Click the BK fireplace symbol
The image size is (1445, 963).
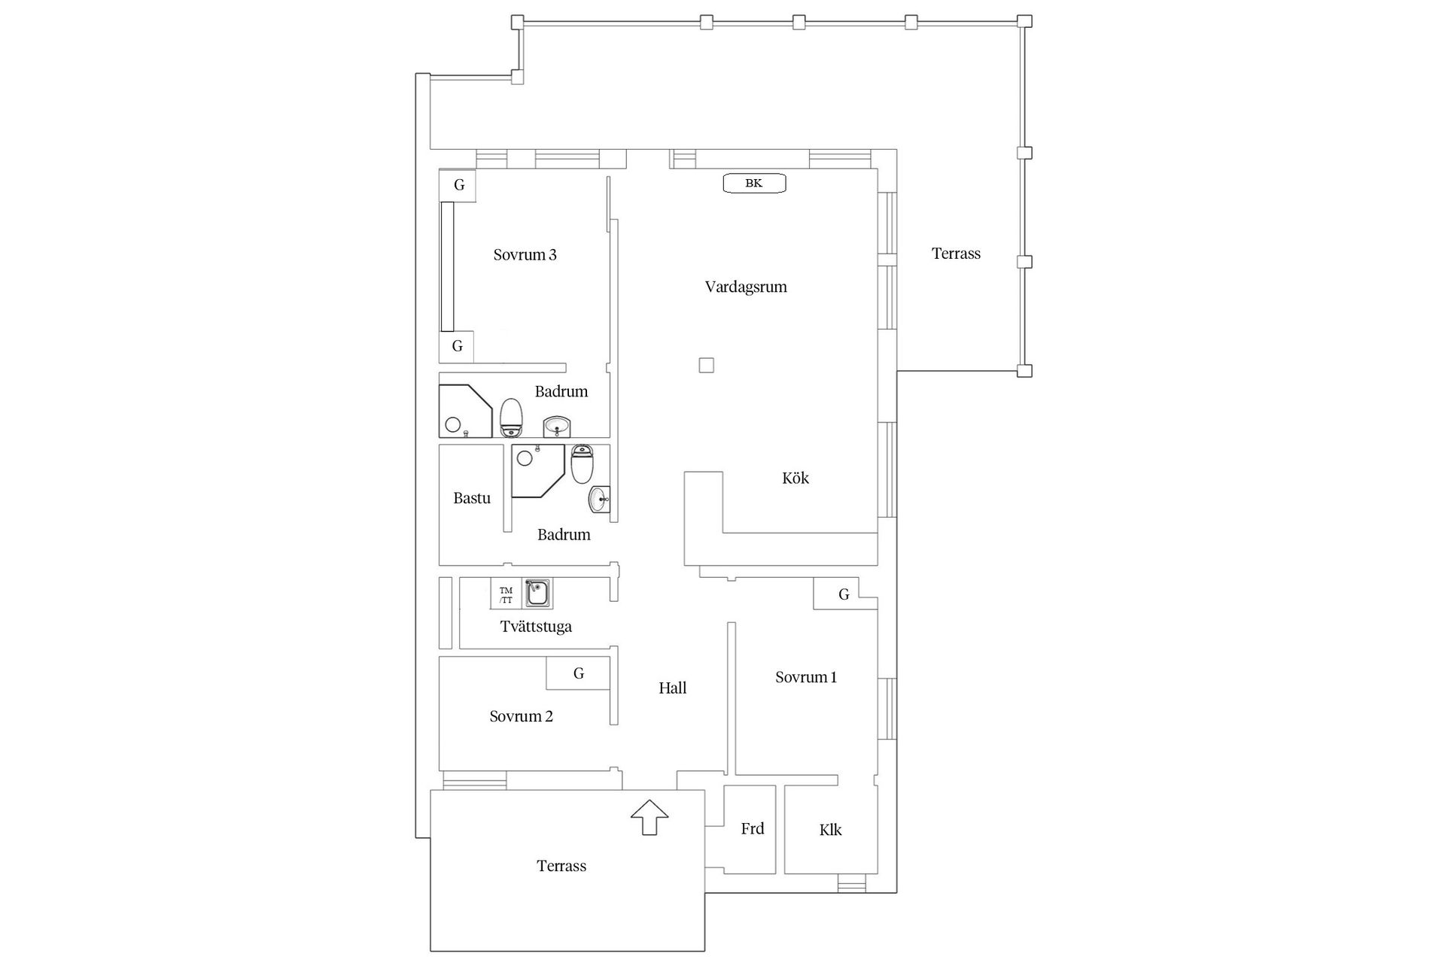[x=754, y=184]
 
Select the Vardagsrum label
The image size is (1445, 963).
[x=746, y=287]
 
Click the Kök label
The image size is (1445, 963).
[x=795, y=478]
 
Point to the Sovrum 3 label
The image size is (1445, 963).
[x=525, y=255]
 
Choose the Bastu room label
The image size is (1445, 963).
[x=472, y=498]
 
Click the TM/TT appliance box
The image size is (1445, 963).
[x=506, y=595]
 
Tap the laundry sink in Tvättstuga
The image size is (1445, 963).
[x=537, y=594]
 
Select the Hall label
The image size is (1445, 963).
[x=672, y=688]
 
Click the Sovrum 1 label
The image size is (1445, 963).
[x=806, y=677]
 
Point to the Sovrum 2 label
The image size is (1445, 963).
[x=521, y=716]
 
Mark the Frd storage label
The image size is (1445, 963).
[x=752, y=829]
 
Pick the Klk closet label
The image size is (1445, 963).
[x=830, y=830]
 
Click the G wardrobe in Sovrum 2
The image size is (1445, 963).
[x=578, y=673]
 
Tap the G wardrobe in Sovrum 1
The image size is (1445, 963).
[x=844, y=594]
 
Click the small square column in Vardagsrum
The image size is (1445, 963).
[x=706, y=366]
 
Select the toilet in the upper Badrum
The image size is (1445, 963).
[x=511, y=418]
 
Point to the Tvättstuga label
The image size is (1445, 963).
[x=536, y=626]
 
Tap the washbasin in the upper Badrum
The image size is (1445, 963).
[x=557, y=427]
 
